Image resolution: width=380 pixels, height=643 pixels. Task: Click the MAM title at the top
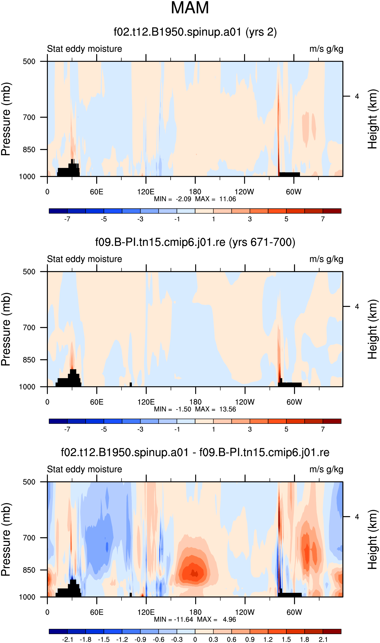[190, 8]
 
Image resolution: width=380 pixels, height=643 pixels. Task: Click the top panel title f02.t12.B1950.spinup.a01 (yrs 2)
[195, 32]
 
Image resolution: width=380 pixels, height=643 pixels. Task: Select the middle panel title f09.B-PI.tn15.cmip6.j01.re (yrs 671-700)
[195, 242]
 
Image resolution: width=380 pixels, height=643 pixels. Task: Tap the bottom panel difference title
[195, 452]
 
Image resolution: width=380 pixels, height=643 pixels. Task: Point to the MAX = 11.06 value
[215, 199]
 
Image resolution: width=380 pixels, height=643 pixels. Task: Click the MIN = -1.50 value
[172, 409]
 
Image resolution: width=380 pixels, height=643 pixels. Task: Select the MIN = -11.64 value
[173, 619]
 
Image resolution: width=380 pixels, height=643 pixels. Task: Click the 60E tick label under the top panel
[97, 192]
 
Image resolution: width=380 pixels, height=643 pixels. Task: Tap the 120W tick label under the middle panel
[245, 402]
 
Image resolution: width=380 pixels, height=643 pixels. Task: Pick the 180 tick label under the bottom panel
[195, 612]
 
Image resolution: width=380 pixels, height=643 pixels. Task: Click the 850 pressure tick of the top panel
[29, 150]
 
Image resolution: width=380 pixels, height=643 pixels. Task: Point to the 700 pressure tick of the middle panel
[29, 328]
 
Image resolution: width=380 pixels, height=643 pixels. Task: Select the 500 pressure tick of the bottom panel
[29, 482]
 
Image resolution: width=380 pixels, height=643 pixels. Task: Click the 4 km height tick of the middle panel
[357, 307]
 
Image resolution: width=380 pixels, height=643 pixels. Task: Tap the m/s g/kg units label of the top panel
[326, 49]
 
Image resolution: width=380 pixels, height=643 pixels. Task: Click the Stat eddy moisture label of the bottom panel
[85, 469]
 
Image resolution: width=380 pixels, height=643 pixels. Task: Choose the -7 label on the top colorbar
[67, 219]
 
